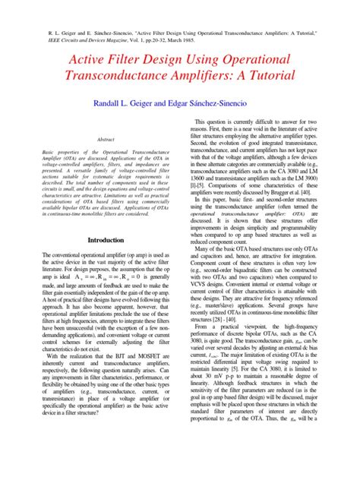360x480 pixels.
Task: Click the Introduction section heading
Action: [x=106, y=240]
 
